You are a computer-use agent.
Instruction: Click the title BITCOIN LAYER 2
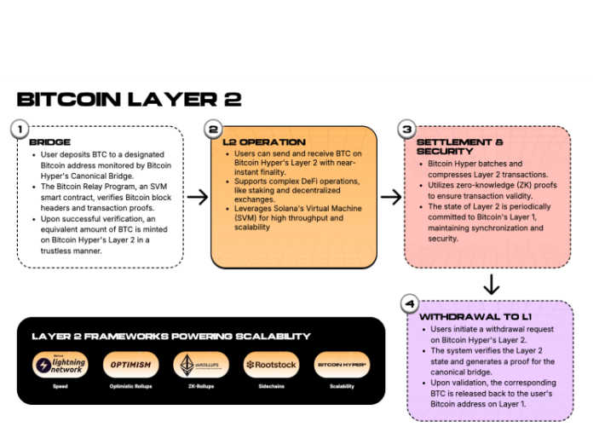129,99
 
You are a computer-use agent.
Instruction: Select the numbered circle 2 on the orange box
214,130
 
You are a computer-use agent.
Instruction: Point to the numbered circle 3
406,130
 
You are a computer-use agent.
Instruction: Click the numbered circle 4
410,303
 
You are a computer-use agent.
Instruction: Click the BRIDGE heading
49,141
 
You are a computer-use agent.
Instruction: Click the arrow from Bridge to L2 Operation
197,197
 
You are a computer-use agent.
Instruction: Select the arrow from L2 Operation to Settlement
390,197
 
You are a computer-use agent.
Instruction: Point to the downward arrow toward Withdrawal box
491,284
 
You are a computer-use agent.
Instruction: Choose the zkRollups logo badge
201,365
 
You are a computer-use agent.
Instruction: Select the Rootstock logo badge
270,365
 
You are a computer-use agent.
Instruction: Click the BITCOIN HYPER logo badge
342,365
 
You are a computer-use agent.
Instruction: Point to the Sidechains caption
270,386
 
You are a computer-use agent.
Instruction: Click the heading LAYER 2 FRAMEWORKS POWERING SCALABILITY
170,336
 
